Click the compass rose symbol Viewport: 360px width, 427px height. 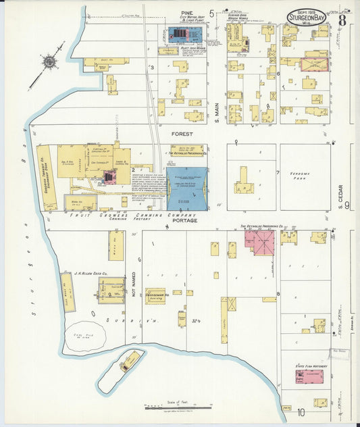[x=49, y=64]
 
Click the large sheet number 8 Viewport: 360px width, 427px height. [x=342, y=18]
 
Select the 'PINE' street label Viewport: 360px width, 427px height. [x=188, y=14]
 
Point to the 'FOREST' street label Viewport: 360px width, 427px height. [x=182, y=134]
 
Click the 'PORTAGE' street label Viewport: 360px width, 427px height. [x=184, y=221]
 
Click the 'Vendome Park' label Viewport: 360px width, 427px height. [x=305, y=174]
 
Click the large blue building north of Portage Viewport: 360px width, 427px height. [x=187, y=189]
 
